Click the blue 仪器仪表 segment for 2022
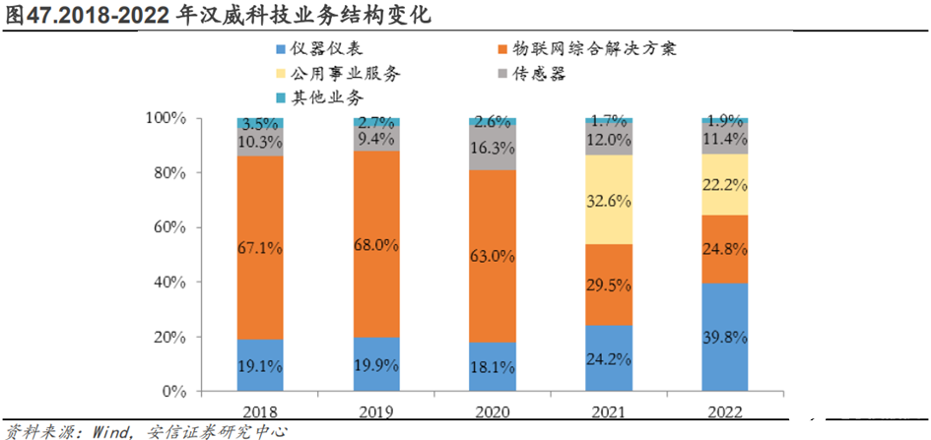pyautogui.click(x=724, y=338)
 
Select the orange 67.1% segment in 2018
pyautogui.click(x=260, y=248)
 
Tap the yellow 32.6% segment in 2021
pyautogui.click(x=608, y=200)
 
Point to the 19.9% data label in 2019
pyautogui.click(x=376, y=366)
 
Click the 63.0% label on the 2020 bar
pyautogui.click(x=492, y=256)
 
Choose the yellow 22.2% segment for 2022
pyautogui.click(x=724, y=184)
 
